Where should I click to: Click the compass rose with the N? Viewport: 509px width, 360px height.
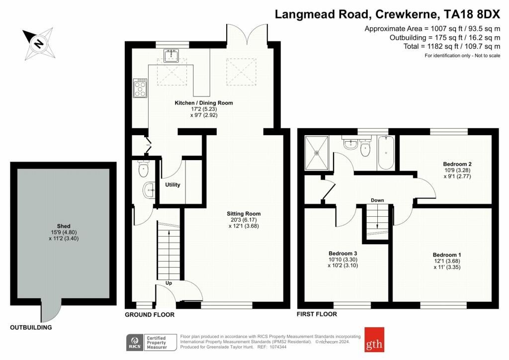click(x=39, y=43)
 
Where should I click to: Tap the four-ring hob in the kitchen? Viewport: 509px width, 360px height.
click(x=140, y=88)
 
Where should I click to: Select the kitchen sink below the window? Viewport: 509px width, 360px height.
click(x=171, y=56)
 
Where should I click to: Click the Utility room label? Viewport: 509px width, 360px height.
click(x=172, y=184)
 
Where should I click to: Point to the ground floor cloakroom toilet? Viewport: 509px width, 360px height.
click(x=143, y=169)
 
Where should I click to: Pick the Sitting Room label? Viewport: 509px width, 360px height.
click(x=244, y=214)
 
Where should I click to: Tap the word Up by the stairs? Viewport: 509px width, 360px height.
click(x=169, y=283)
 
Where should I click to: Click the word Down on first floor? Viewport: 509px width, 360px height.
click(x=377, y=200)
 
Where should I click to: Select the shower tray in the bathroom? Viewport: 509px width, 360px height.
click(x=317, y=153)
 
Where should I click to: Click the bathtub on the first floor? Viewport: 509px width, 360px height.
click(x=386, y=153)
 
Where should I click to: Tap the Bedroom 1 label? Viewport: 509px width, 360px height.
click(x=447, y=255)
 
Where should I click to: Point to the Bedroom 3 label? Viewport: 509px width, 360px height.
click(x=343, y=254)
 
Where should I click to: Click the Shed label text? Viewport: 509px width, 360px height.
click(x=64, y=226)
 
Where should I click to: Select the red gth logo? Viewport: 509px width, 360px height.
click(x=374, y=340)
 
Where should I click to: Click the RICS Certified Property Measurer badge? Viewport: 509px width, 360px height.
click(x=151, y=343)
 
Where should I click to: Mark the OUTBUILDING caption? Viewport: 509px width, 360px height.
click(x=31, y=328)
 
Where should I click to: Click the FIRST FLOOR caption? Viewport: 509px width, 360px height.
click(x=317, y=314)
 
